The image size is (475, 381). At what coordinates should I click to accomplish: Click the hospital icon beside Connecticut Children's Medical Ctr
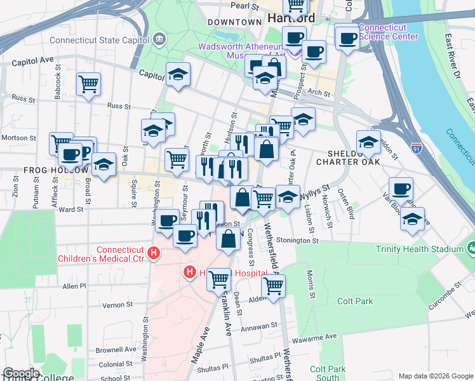153,255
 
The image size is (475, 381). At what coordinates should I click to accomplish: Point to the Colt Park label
356,301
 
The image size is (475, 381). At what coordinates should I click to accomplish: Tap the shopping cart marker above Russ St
88,83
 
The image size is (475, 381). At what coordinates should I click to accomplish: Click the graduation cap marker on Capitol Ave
178,74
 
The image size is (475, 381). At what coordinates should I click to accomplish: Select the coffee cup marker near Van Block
401,189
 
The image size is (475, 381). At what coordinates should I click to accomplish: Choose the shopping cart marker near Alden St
273,285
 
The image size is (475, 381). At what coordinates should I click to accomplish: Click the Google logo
21,373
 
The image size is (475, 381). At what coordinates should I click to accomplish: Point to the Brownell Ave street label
116,349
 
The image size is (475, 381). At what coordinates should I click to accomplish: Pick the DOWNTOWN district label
235,22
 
